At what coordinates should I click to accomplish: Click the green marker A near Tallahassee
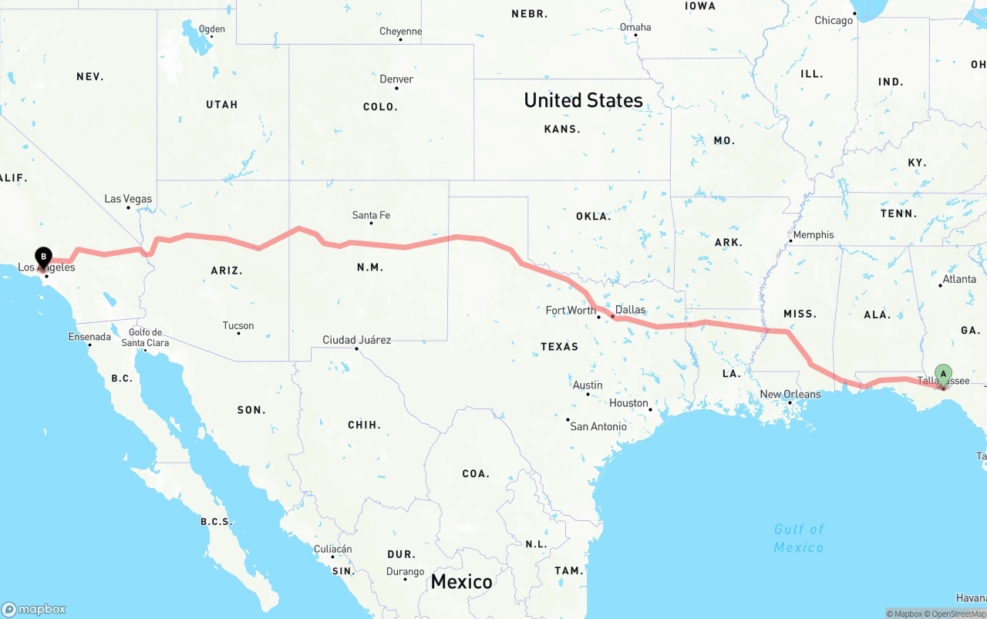(x=943, y=375)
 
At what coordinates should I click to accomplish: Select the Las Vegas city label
(x=128, y=199)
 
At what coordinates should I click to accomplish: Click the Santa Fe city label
(x=371, y=215)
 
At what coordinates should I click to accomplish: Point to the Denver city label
(x=396, y=79)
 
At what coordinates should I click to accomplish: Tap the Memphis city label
(x=814, y=235)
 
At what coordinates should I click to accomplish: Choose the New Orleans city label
(x=790, y=395)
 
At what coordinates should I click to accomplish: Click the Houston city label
(x=628, y=403)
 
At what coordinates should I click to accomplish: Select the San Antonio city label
(x=598, y=426)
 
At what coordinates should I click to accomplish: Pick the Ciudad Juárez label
(x=356, y=340)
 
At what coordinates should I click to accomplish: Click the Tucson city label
(x=238, y=326)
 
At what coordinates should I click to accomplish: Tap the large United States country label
(x=583, y=100)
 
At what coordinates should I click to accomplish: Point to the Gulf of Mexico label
(x=799, y=538)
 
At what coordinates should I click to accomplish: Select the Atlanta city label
(x=959, y=279)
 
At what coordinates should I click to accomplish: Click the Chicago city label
(x=834, y=21)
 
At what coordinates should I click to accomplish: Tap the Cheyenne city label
(x=401, y=32)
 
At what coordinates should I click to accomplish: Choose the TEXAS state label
(x=559, y=347)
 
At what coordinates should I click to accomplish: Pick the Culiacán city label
(x=333, y=550)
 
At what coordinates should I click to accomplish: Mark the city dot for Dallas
(x=612, y=317)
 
